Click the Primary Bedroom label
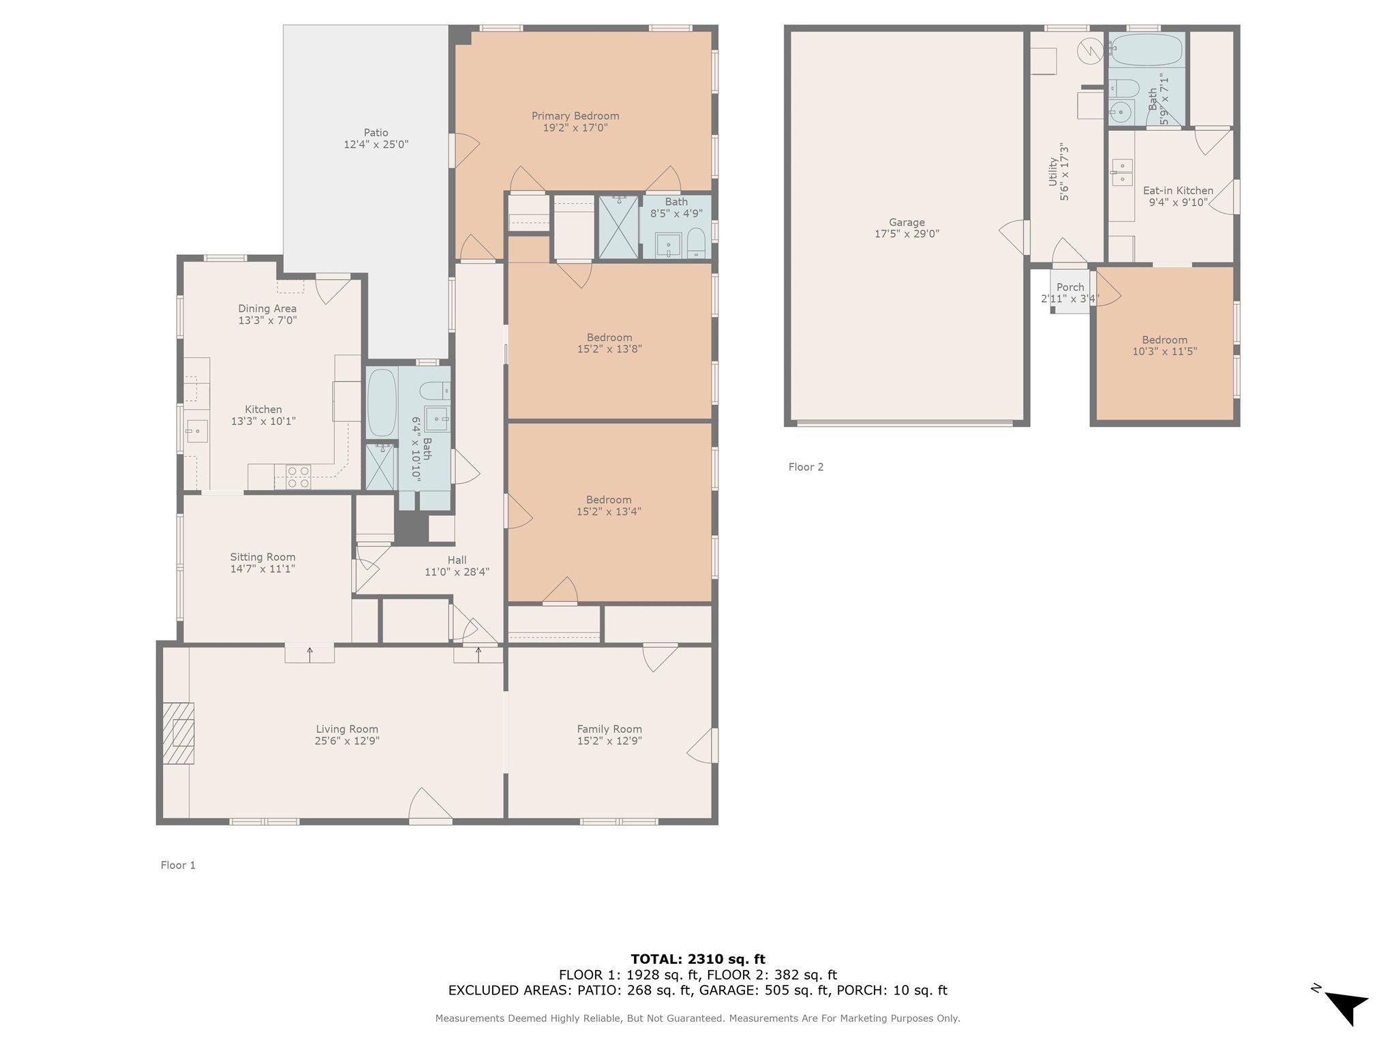[x=575, y=116]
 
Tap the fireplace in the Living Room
[x=179, y=733]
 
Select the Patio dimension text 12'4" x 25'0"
[x=376, y=145]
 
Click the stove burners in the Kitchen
[x=299, y=476]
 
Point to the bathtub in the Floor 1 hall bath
[x=381, y=402]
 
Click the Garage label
[x=907, y=222]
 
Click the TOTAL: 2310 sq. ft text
[x=697, y=959]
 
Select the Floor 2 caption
[x=806, y=467]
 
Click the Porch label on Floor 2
[x=1070, y=287]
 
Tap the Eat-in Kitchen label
[x=1178, y=191]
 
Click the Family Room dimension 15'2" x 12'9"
[x=609, y=741]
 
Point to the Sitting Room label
[x=262, y=557]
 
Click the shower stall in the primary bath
[x=618, y=227]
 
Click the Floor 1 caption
[x=178, y=865]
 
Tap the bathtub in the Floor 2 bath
[x=1147, y=50]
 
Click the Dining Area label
[x=267, y=309]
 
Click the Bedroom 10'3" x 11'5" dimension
[x=1164, y=352]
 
